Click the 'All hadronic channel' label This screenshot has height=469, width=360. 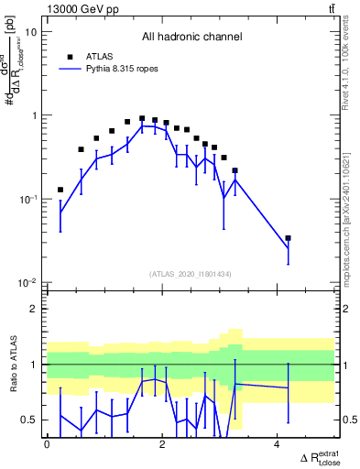tap(191, 38)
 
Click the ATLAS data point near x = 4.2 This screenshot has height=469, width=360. tap(288, 238)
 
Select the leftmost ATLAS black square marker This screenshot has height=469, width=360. tap(60, 190)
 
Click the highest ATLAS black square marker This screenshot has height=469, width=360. tap(142, 118)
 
